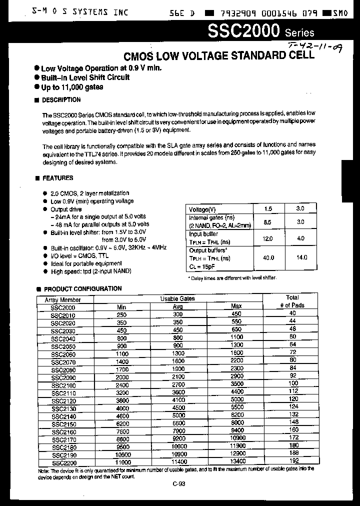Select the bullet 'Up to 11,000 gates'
pyautogui.click(x=72, y=87)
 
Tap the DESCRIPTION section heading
pyautogui.click(x=61, y=100)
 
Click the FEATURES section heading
pyautogui.click(x=57, y=178)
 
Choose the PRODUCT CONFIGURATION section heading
pyautogui.click(x=82, y=289)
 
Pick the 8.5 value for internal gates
pyautogui.click(x=267, y=222)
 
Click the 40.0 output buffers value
pyautogui.click(x=268, y=257)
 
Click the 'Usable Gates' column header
pyautogui.click(x=177, y=298)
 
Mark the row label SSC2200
pyautogui.click(x=63, y=463)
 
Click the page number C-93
pyautogui.click(x=178, y=483)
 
